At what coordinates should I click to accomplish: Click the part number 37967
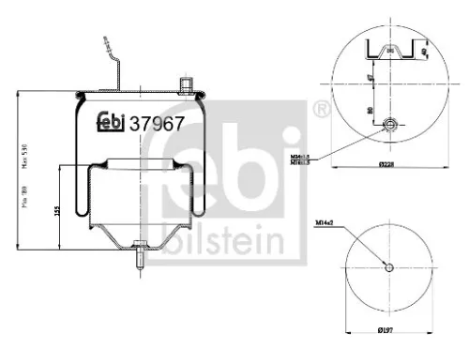(158, 121)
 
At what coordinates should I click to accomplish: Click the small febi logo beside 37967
(112, 121)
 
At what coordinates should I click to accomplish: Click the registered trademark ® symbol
(321, 111)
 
